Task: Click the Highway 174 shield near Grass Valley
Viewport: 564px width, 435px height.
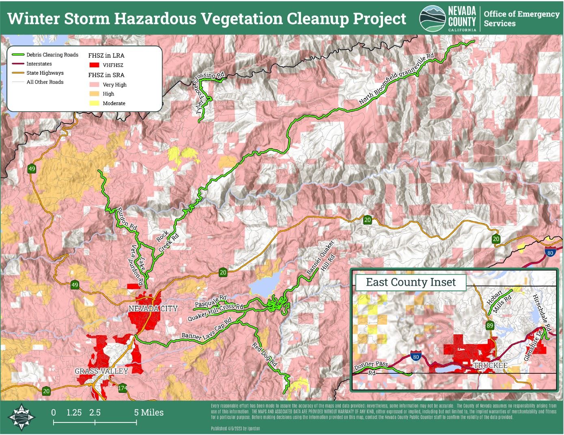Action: (122, 388)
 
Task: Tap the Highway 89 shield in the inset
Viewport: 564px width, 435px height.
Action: (490, 325)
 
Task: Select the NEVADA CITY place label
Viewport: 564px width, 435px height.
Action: (153, 308)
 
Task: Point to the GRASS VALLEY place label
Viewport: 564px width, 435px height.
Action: (101, 371)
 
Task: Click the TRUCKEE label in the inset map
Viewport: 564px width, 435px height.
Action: (491, 366)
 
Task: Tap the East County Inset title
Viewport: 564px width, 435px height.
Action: (411, 282)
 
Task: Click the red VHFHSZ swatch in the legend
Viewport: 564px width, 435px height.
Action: (95, 65)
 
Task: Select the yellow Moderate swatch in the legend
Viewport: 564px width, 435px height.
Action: (94, 103)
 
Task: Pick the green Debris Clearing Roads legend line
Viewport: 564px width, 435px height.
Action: (17, 55)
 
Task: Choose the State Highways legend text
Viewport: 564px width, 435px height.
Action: (45, 73)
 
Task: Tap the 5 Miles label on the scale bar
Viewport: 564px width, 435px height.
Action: (149, 413)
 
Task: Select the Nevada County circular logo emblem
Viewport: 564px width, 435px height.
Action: (433, 18)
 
